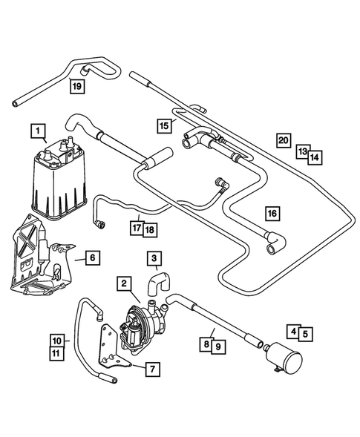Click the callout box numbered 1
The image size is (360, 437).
coord(38,130)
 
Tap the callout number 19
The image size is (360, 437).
coord(77,86)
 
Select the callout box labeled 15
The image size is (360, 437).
coord(164,125)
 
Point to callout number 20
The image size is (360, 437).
coord(284,140)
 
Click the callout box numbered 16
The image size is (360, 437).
coord(272,214)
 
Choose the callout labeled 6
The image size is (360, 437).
coord(93,257)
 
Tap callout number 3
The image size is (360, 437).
coord(154,258)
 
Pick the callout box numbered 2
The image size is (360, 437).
coord(124,283)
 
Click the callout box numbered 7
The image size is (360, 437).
coord(152,369)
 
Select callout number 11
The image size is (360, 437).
coord(56,353)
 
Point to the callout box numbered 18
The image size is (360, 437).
coord(150,230)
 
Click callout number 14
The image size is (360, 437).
coord(315,158)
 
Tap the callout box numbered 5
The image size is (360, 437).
coord(305,334)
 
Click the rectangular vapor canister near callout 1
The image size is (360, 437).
coord(59,180)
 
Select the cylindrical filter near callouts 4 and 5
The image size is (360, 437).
coord(282,358)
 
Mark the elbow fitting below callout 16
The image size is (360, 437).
coord(275,243)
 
